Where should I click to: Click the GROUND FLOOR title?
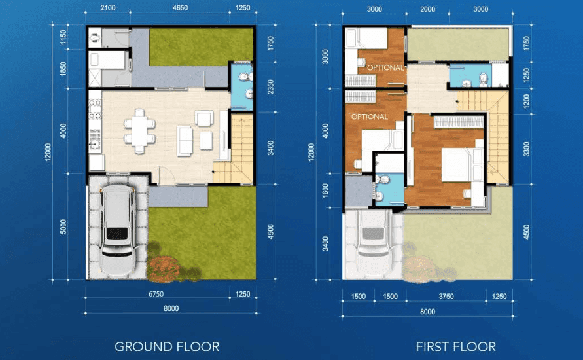click(167, 347)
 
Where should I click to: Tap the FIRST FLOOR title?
click(456, 347)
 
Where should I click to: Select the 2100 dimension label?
click(108, 7)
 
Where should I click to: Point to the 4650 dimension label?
click(181, 7)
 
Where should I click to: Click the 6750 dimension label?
click(156, 294)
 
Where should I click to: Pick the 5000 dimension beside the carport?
click(63, 226)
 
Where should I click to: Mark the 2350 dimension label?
click(270, 86)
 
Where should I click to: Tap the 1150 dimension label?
click(63, 37)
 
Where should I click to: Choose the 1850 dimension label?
click(63, 69)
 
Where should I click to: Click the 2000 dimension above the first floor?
click(427, 9)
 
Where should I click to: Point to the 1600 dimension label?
click(325, 190)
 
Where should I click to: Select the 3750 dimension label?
click(446, 297)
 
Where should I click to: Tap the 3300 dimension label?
click(527, 149)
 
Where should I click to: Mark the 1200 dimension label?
click(527, 101)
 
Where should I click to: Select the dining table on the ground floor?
click(139, 132)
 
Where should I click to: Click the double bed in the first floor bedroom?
click(462, 165)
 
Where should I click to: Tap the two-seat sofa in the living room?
click(185, 141)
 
